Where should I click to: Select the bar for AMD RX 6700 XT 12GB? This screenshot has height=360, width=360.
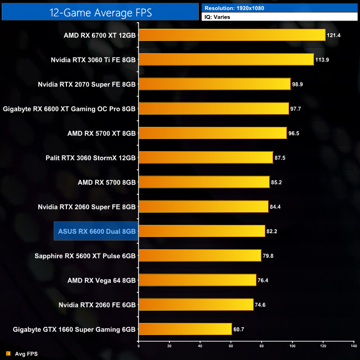[232, 35]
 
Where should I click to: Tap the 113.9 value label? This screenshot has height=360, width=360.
[323, 60]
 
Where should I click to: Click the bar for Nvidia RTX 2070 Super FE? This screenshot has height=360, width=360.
[214, 84]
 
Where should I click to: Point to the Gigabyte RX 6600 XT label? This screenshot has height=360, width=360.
[69, 109]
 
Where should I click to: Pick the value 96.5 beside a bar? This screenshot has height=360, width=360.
[296, 133]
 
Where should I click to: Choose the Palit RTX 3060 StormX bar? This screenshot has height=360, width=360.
[205, 157]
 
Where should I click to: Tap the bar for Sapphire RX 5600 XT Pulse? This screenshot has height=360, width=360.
[199, 255]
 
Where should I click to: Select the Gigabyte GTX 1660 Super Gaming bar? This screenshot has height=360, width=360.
[185, 329]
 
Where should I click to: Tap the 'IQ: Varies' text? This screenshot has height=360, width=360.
[218, 17]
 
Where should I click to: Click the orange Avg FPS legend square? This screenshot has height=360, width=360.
[8, 353]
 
